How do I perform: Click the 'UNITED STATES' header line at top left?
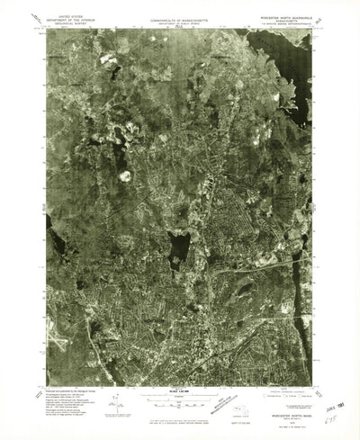click(x=67, y=15)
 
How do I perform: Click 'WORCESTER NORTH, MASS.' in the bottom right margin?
click(x=286, y=390)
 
